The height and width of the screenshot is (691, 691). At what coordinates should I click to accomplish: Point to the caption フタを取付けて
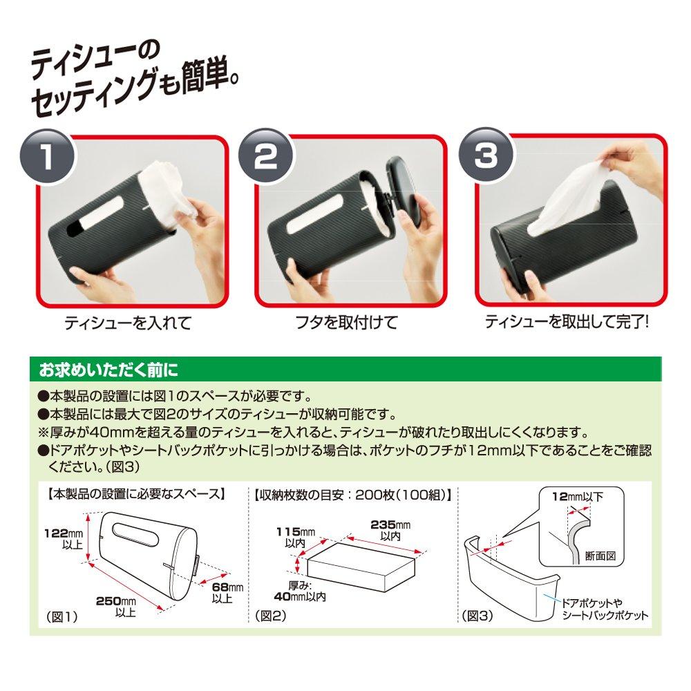coord(348,323)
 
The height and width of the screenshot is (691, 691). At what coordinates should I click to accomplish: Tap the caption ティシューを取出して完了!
coord(566,322)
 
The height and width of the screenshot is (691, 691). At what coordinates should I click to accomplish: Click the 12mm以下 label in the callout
coord(578,496)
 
